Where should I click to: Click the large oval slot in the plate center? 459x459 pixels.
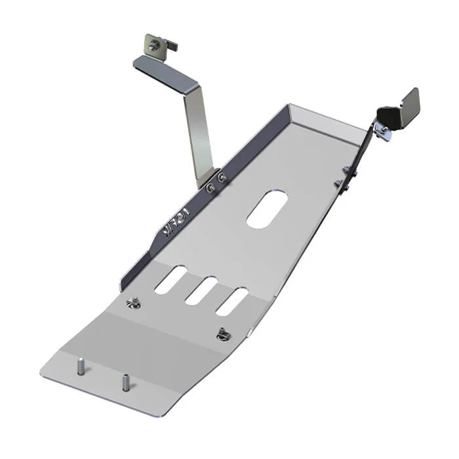[x=268, y=210]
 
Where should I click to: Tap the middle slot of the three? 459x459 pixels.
[x=201, y=290]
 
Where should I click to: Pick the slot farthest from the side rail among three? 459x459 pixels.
[x=231, y=302]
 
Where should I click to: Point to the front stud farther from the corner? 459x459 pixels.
[x=124, y=382]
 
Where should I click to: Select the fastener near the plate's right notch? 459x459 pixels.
[x=224, y=334]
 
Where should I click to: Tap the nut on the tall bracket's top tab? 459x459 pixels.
[x=154, y=45]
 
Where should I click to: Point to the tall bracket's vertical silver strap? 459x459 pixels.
[x=199, y=131]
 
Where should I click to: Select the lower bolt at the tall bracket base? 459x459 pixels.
[x=210, y=188]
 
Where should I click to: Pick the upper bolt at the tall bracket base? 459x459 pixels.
[x=222, y=177]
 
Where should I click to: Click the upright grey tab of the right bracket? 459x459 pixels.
[x=408, y=105]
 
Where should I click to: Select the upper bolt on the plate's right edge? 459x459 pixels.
[x=346, y=170]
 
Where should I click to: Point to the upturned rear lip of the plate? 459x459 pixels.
[x=328, y=121]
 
